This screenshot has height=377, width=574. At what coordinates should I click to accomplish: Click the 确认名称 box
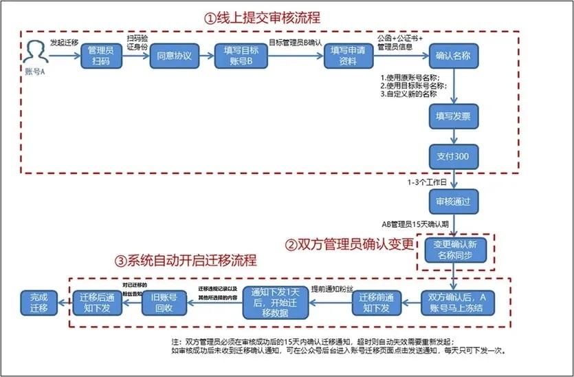452,56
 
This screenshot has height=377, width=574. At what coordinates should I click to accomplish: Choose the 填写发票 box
452,116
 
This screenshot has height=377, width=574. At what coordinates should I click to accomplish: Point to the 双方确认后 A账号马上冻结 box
458,302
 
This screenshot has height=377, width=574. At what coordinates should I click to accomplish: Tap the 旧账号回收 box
163,302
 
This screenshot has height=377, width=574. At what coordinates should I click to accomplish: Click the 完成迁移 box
35,302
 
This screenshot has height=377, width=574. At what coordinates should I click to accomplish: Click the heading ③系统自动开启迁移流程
186,261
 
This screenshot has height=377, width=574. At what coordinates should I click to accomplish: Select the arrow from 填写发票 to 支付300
452,136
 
